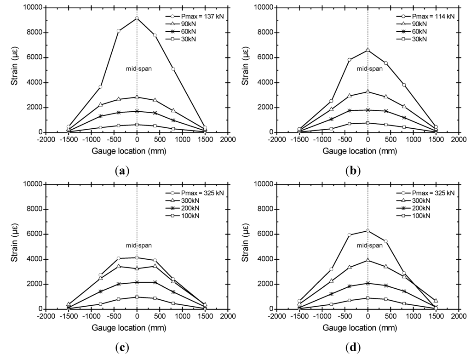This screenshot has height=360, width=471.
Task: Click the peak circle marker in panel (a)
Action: click(x=137, y=18)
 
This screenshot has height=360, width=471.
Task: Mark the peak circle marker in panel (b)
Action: click(x=368, y=50)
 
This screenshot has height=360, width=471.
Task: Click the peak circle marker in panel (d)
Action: click(x=368, y=230)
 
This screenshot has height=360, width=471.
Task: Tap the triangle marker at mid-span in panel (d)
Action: click(x=368, y=260)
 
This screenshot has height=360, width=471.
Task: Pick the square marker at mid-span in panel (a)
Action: click(x=137, y=125)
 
